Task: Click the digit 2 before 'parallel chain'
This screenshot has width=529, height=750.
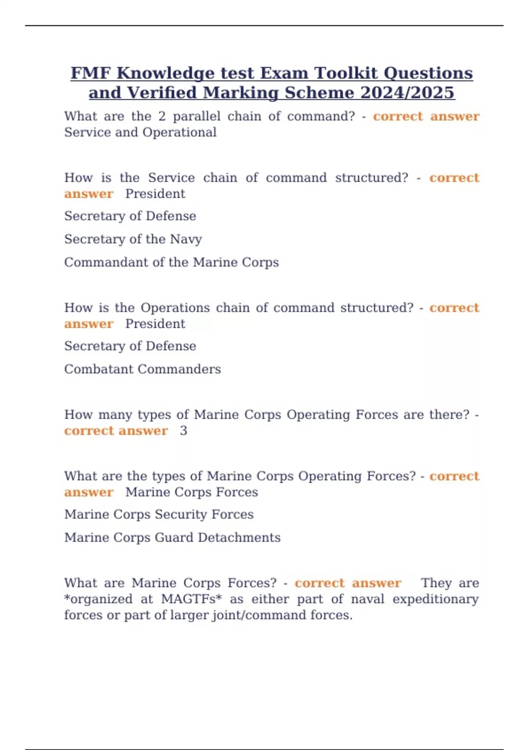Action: click(x=162, y=116)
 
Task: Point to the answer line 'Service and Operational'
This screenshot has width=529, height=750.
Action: click(x=140, y=132)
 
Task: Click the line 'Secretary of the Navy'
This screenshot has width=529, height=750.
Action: click(x=133, y=239)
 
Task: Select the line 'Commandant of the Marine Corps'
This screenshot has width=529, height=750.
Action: click(x=171, y=262)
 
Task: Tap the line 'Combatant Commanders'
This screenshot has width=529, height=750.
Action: click(x=142, y=369)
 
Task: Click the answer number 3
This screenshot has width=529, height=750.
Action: click(x=183, y=431)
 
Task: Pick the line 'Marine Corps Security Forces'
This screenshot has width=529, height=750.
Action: click(x=159, y=514)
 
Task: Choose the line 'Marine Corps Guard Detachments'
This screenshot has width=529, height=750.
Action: click(x=172, y=538)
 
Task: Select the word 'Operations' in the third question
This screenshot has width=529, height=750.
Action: click(x=175, y=308)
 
